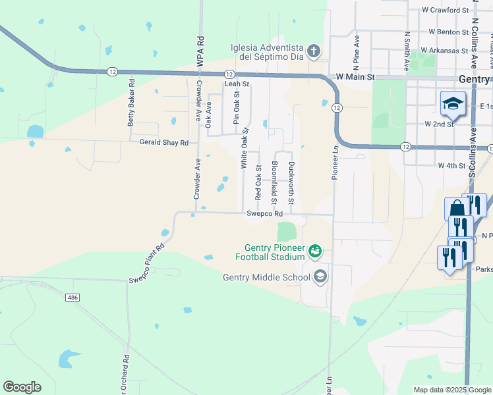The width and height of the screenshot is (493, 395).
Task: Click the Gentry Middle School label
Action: pyautogui.click(x=266, y=277)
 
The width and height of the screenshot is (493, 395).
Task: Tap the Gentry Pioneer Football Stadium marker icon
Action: pyautogui.click(x=316, y=250)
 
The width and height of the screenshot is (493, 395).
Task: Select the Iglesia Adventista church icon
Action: pyautogui.click(x=314, y=51)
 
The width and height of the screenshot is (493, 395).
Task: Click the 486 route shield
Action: pyautogui.click(x=73, y=298)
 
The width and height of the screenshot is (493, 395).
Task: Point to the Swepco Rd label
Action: pyautogui.click(x=264, y=214)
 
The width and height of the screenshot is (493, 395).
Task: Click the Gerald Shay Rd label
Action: pyautogui.click(x=163, y=142)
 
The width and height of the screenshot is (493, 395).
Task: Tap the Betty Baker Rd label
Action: pyautogui.click(x=132, y=103)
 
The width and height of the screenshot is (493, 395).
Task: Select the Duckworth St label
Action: pyautogui.click(x=291, y=182)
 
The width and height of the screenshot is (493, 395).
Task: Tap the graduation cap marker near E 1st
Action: pyautogui.click(x=453, y=103)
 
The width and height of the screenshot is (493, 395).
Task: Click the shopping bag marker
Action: pyautogui.click(x=457, y=209)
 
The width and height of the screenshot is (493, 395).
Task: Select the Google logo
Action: pyautogui.click(x=22, y=387)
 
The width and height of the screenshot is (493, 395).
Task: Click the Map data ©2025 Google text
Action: pyautogui.click(x=451, y=390)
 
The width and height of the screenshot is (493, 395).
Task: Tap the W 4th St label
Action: pyautogui.click(x=451, y=166)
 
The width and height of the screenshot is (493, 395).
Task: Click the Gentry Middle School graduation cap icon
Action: pyautogui.click(x=320, y=276)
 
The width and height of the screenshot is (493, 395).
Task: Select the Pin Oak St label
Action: pyautogui.click(x=235, y=107)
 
